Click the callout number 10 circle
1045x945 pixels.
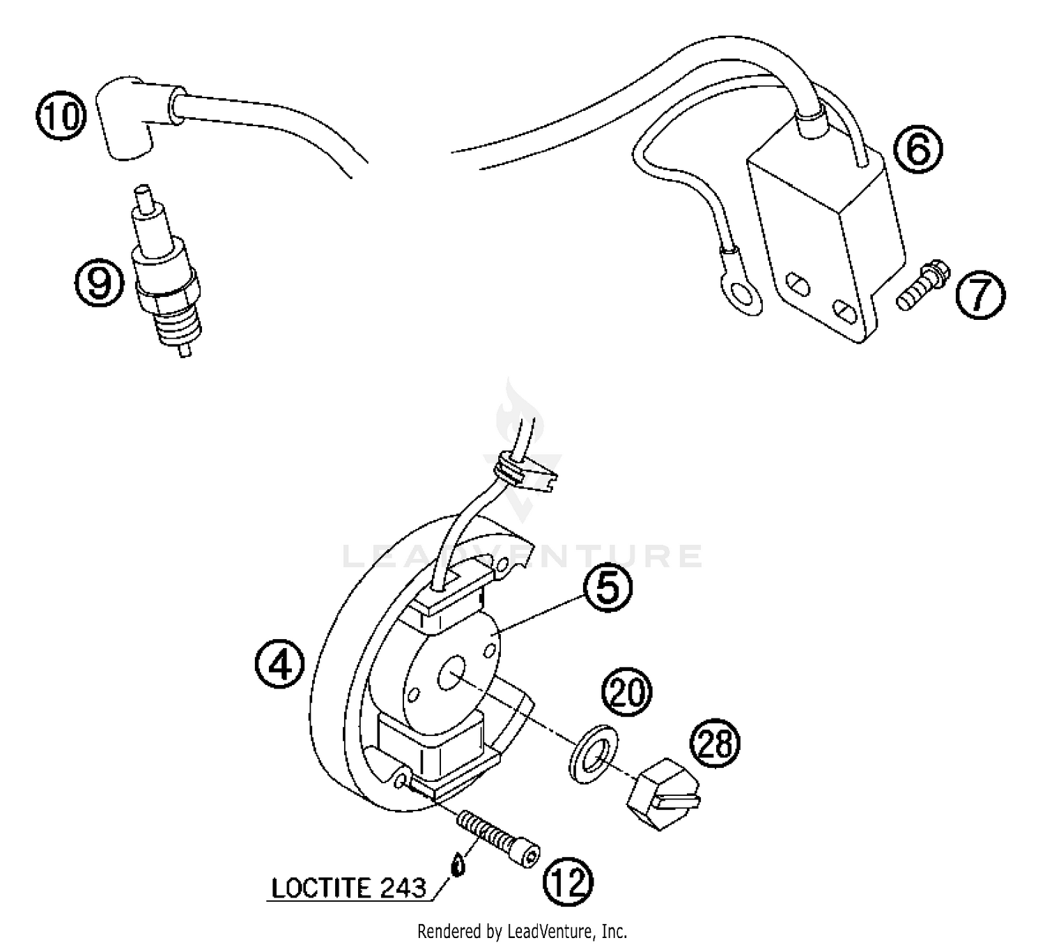point(61,115)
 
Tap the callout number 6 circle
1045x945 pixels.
point(918,149)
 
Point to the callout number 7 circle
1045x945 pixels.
point(980,295)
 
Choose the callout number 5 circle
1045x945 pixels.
point(607,589)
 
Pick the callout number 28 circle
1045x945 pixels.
point(715,744)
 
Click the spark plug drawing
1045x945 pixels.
point(167,279)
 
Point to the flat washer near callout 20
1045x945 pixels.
point(591,754)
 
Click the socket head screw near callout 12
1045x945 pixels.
point(498,840)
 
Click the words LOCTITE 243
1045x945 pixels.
point(348,888)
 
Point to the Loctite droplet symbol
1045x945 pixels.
point(457,866)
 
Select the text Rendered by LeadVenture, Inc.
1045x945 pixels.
point(522,930)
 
